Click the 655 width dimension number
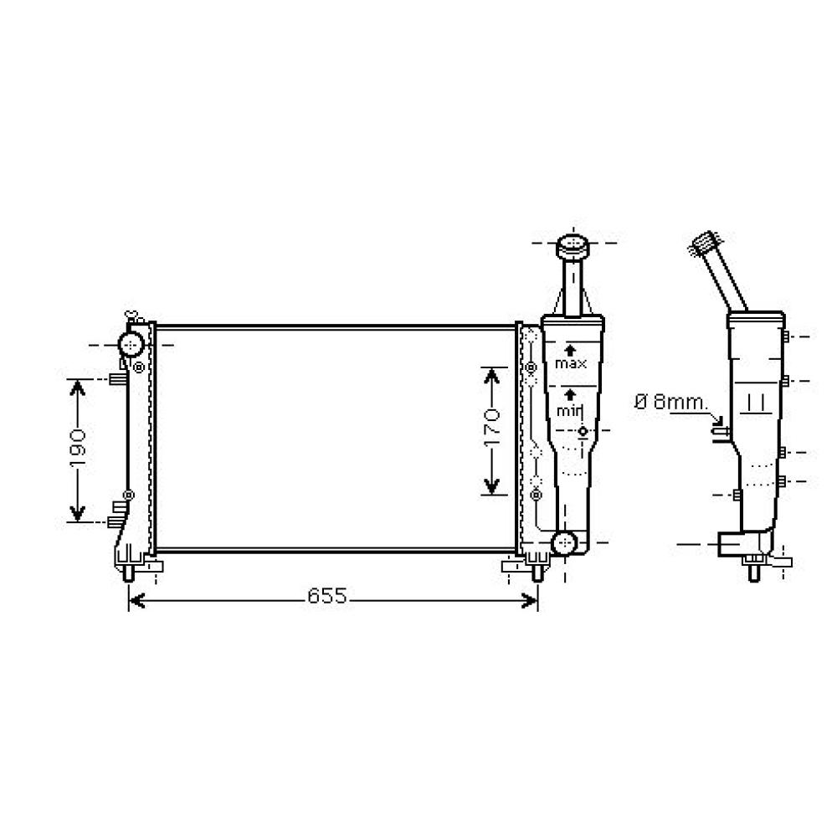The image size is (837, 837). pos(326,596)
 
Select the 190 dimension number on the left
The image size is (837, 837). pos(77,449)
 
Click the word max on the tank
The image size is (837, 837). pos(571,364)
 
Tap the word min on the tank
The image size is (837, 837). pos(570,410)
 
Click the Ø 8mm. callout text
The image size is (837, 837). pos(670,402)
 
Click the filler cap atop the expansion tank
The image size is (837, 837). pos(573,248)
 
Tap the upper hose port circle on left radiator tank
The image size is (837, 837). pos(131,343)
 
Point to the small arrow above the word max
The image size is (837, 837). pos(571,349)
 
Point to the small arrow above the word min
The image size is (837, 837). pos(571,393)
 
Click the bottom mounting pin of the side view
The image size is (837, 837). pos(753,573)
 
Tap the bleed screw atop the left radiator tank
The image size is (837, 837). pos(131,316)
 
